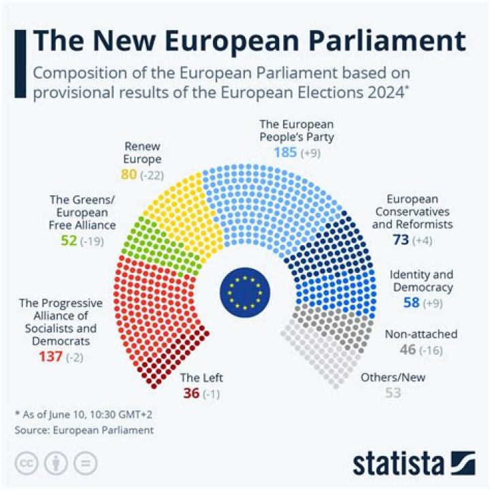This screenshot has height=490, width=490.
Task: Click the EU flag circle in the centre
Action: pyautogui.click(x=245, y=291)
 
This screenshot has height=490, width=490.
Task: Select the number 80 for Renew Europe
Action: pyautogui.click(x=129, y=175)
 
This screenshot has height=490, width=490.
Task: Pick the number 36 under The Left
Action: pyautogui.click(x=191, y=393)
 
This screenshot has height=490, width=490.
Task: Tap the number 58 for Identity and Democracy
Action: pyautogui.click(x=412, y=302)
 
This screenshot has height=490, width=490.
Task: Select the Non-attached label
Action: pyautogui.click(x=421, y=334)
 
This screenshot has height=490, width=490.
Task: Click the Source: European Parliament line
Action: pyautogui.click(x=84, y=430)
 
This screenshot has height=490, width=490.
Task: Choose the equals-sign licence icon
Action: pyautogui.click(x=85, y=463)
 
